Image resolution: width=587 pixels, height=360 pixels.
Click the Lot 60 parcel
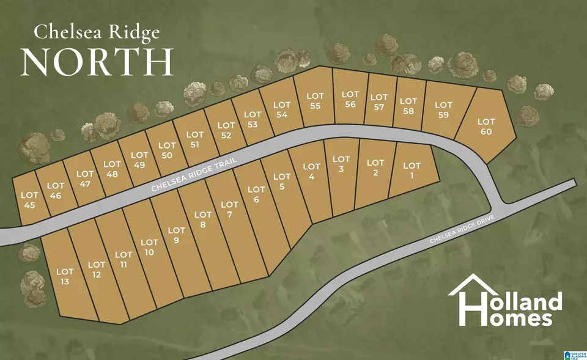click(486, 127)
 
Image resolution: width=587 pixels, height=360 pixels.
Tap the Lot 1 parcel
click(412, 171)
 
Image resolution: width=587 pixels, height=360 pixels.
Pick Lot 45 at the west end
click(29, 200)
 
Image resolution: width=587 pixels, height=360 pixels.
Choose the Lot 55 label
click(315, 101)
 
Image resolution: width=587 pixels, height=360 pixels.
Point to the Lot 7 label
click(229, 210)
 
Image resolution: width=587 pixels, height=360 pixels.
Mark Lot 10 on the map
click(149, 248)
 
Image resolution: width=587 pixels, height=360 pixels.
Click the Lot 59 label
click(444, 109)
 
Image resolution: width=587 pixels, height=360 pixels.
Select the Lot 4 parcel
click(312, 172)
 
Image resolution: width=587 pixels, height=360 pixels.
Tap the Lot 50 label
click(167, 150)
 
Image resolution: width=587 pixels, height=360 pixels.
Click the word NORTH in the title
click(97, 61)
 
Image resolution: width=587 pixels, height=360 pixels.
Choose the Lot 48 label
click(113, 169)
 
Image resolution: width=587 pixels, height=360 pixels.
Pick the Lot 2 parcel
click(375, 167)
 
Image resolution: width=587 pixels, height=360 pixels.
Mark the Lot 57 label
click(379, 102)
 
